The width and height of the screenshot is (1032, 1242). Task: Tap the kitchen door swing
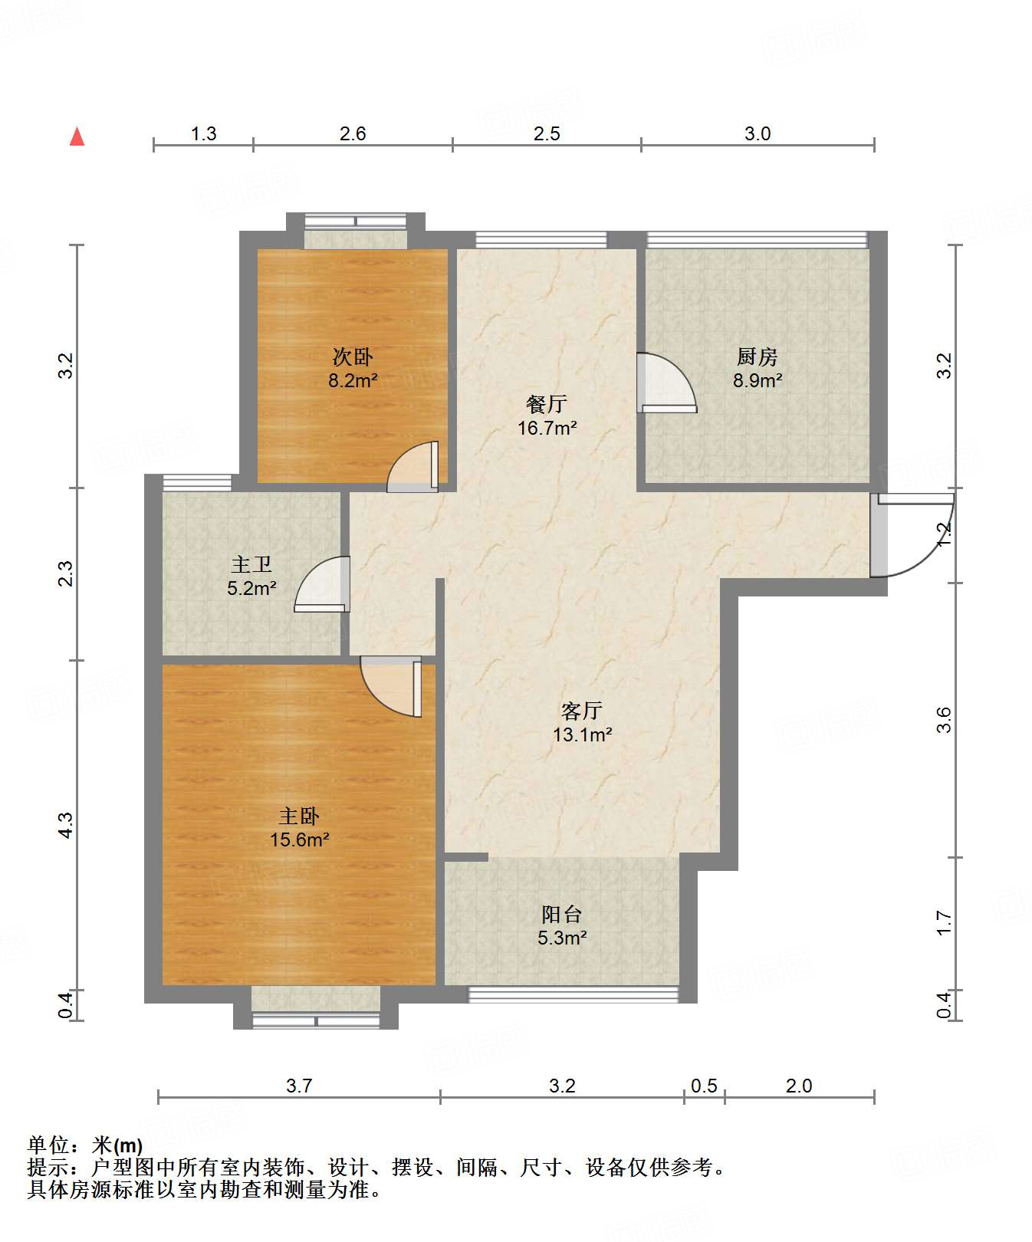666,383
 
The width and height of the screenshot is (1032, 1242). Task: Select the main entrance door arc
912,534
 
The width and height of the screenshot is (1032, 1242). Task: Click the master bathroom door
322,584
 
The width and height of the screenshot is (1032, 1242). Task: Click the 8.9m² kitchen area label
758,380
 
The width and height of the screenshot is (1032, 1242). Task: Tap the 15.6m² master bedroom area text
299,839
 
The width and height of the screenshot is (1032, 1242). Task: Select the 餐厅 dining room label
546,404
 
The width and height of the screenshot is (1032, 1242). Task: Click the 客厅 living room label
582,711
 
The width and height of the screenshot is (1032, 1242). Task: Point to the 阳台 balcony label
562,914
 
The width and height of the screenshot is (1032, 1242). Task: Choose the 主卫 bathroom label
251,565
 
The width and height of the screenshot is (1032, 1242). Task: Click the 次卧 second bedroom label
353,356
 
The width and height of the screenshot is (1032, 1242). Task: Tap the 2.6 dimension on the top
353,134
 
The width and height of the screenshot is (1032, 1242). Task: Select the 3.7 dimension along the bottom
299,1086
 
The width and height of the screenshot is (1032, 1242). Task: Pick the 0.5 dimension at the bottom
704,1086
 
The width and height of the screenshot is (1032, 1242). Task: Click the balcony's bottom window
574,994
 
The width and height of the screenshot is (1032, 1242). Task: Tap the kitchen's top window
758,239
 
